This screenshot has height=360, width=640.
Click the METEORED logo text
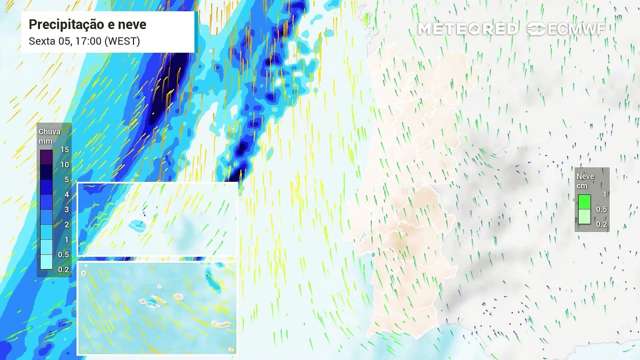point(467,29)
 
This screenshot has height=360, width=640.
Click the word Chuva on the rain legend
point(49,131)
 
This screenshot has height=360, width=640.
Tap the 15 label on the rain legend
point(64,149)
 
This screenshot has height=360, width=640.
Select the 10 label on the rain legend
point(64,164)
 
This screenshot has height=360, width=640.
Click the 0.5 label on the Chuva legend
point(64,255)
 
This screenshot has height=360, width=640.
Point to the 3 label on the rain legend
point(66,209)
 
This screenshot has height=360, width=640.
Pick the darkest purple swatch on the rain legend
point(46,157)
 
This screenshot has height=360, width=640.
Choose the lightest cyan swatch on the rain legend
point(46,262)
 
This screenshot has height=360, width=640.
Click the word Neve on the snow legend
point(585,176)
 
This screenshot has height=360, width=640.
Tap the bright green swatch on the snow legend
point(584,201)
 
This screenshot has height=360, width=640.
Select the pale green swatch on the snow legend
point(584,217)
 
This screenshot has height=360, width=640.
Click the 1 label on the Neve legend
point(604,194)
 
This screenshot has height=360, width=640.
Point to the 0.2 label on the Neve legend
point(601,224)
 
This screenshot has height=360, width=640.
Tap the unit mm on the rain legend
point(45,141)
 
